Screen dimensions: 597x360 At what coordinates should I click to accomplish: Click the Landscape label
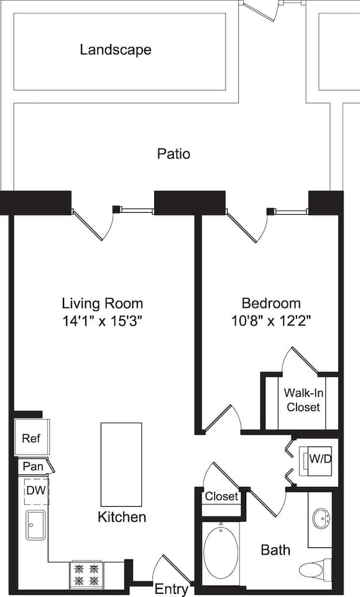[x=115, y=50]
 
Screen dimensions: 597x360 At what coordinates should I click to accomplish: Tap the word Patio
[x=173, y=154]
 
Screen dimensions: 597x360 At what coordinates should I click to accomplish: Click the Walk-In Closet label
[x=302, y=400]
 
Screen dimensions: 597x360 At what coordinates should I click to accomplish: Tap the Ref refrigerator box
[x=31, y=438]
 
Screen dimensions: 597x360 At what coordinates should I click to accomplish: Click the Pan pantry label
[x=33, y=466]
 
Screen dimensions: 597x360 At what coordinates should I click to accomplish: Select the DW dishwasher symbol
[x=35, y=491]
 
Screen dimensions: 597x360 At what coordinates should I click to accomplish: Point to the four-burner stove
[x=85, y=575]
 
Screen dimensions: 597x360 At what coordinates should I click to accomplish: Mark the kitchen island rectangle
[x=121, y=464]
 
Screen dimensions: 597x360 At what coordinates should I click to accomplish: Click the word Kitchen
[x=122, y=517]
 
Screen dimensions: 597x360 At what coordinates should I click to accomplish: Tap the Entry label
[x=172, y=588]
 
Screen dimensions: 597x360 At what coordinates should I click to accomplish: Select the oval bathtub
[x=221, y=552]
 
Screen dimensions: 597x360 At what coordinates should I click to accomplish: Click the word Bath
[x=275, y=550]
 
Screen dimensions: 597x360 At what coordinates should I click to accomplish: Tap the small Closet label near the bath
[x=221, y=496]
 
